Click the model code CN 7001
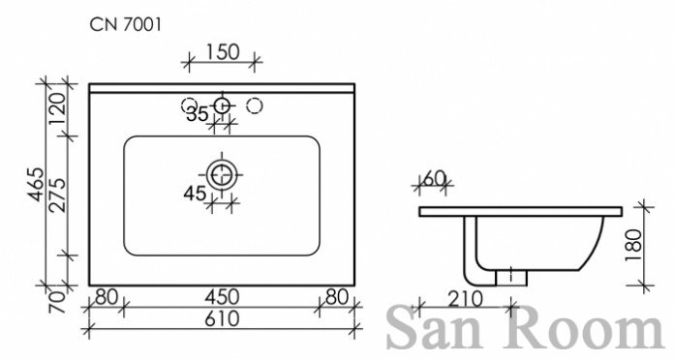126,25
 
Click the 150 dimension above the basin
223,52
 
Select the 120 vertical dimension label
57,108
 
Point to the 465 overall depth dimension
35,184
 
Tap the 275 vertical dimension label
57,195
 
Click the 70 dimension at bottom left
58,303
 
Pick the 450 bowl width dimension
222,297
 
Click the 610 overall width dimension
222,319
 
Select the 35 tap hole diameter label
198,114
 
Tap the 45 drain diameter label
195,194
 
